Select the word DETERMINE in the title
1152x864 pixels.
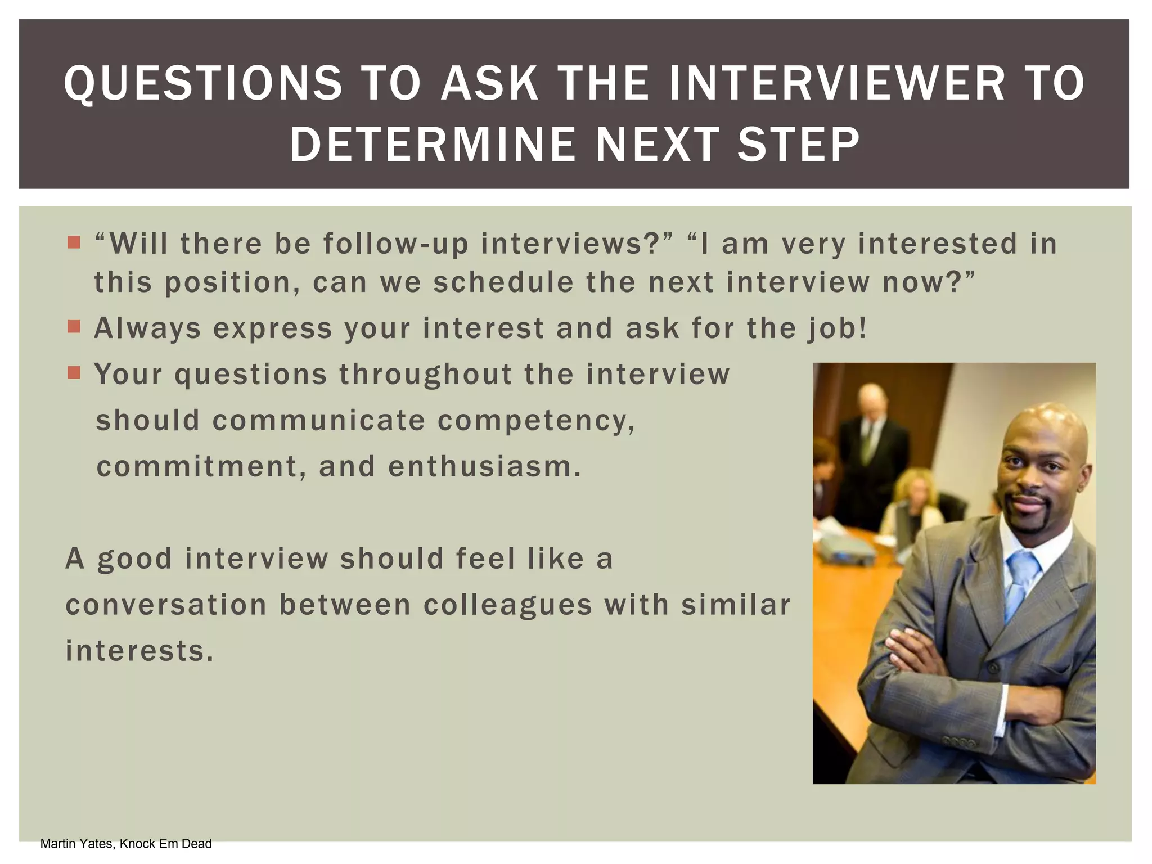click(433, 145)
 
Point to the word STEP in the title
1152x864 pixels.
click(798, 145)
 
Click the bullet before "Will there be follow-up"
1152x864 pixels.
click(74, 242)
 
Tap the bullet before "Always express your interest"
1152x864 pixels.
click(74, 327)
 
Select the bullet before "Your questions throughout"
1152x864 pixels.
click(74, 372)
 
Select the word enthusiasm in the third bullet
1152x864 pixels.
click(484, 467)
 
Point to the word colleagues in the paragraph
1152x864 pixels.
click(508, 605)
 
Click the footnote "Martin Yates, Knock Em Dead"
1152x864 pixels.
click(126, 844)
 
